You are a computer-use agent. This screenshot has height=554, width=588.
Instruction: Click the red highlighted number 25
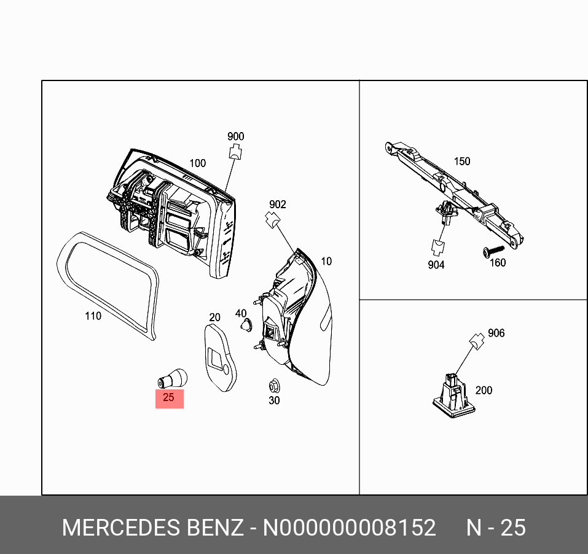pyautogui.click(x=169, y=397)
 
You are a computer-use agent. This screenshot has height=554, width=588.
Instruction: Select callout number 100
pyautogui.click(x=197, y=163)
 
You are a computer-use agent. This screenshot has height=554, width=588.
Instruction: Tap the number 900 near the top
pyautogui.click(x=235, y=137)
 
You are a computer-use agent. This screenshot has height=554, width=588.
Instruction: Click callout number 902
pyautogui.click(x=277, y=205)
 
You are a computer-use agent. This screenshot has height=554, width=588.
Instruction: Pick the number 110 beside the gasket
pyautogui.click(x=93, y=316)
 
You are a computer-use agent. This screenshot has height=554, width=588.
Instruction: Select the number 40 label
pyautogui.click(x=241, y=314)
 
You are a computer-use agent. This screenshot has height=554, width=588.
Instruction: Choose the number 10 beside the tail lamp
pyautogui.click(x=326, y=262)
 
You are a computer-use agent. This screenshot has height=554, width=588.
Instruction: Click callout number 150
pyautogui.click(x=461, y=162)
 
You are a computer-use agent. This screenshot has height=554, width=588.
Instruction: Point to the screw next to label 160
pyautogui.click(x=493, y=251)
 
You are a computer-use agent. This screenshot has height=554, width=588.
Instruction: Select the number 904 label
pyautogui.click(x=435, y=265)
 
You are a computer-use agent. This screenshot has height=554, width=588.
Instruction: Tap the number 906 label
pyautogui.click(x=496, y=333)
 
